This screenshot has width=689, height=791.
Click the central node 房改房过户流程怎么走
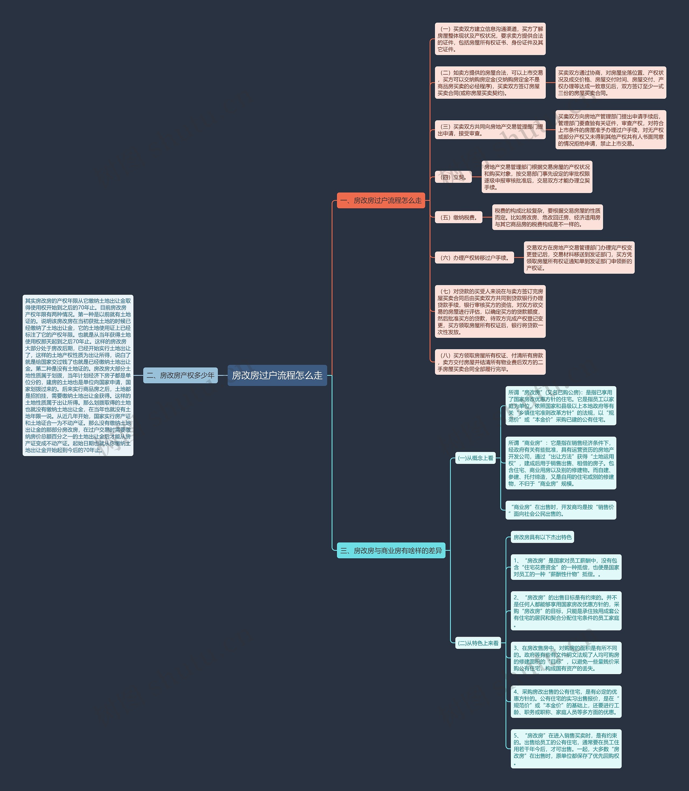point(277,375)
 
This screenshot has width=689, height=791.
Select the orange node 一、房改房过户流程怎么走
point(381,200)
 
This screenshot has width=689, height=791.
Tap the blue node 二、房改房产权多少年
point(180,375)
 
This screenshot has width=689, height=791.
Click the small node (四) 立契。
point(453,177)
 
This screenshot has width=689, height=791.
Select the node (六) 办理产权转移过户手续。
point(474,258)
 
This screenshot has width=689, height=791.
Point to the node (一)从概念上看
point(475,458)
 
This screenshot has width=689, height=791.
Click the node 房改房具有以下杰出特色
point(542,537)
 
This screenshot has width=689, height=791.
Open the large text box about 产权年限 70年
point(78,375)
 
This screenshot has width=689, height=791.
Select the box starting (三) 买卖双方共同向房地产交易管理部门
point(490,130)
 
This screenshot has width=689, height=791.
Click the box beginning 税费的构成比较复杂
point(547,217)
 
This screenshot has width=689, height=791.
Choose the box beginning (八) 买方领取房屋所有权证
point(490,362)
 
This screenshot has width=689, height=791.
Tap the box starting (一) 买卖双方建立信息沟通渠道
point(490,39)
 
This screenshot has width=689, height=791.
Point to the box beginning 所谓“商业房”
point(561,463)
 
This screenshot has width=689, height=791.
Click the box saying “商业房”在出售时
point(561,510)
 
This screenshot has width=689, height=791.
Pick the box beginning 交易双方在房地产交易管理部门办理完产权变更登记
point(579,258)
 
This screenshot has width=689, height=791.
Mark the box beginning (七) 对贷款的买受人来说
point(490,311)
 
